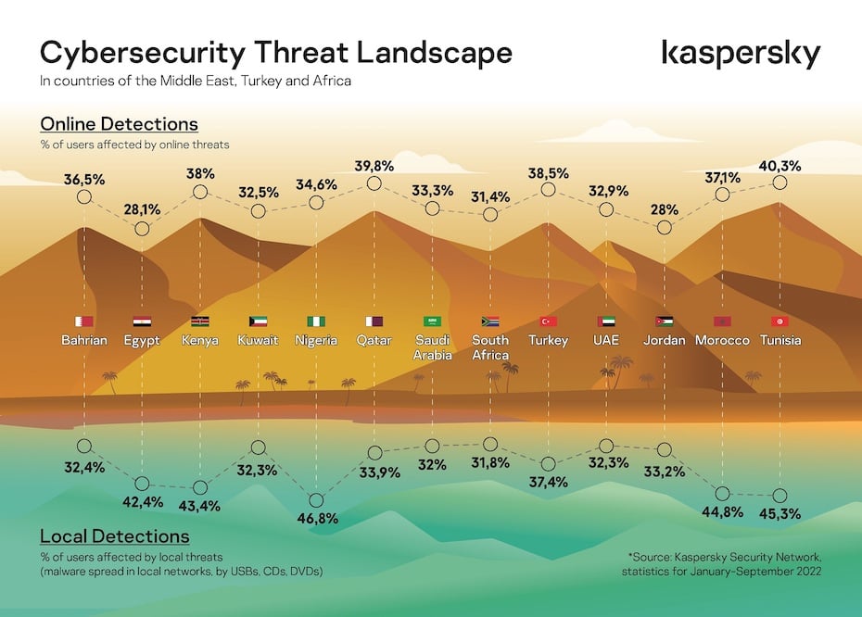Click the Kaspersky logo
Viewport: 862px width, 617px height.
point(741,54)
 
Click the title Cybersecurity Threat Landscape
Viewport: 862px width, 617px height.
point(275,52)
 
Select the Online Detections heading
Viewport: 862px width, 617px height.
point(119,124)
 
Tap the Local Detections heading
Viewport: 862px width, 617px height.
point(114,536)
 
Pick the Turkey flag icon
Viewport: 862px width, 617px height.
point(548,321)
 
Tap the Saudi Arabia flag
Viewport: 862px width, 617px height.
point(432,321)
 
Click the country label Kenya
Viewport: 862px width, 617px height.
point(200,340)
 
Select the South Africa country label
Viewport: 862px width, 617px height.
point(490,347)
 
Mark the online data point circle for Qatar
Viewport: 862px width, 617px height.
point(374,183)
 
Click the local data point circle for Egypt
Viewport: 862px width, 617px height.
point(142,484)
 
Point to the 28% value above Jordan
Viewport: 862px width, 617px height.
point(664,210)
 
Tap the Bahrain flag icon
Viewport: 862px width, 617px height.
point(84,321)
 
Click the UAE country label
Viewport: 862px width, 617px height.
point(606,340)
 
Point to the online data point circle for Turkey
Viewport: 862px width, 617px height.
point(548,190)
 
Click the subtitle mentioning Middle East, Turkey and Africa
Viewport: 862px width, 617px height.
point(195,81)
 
